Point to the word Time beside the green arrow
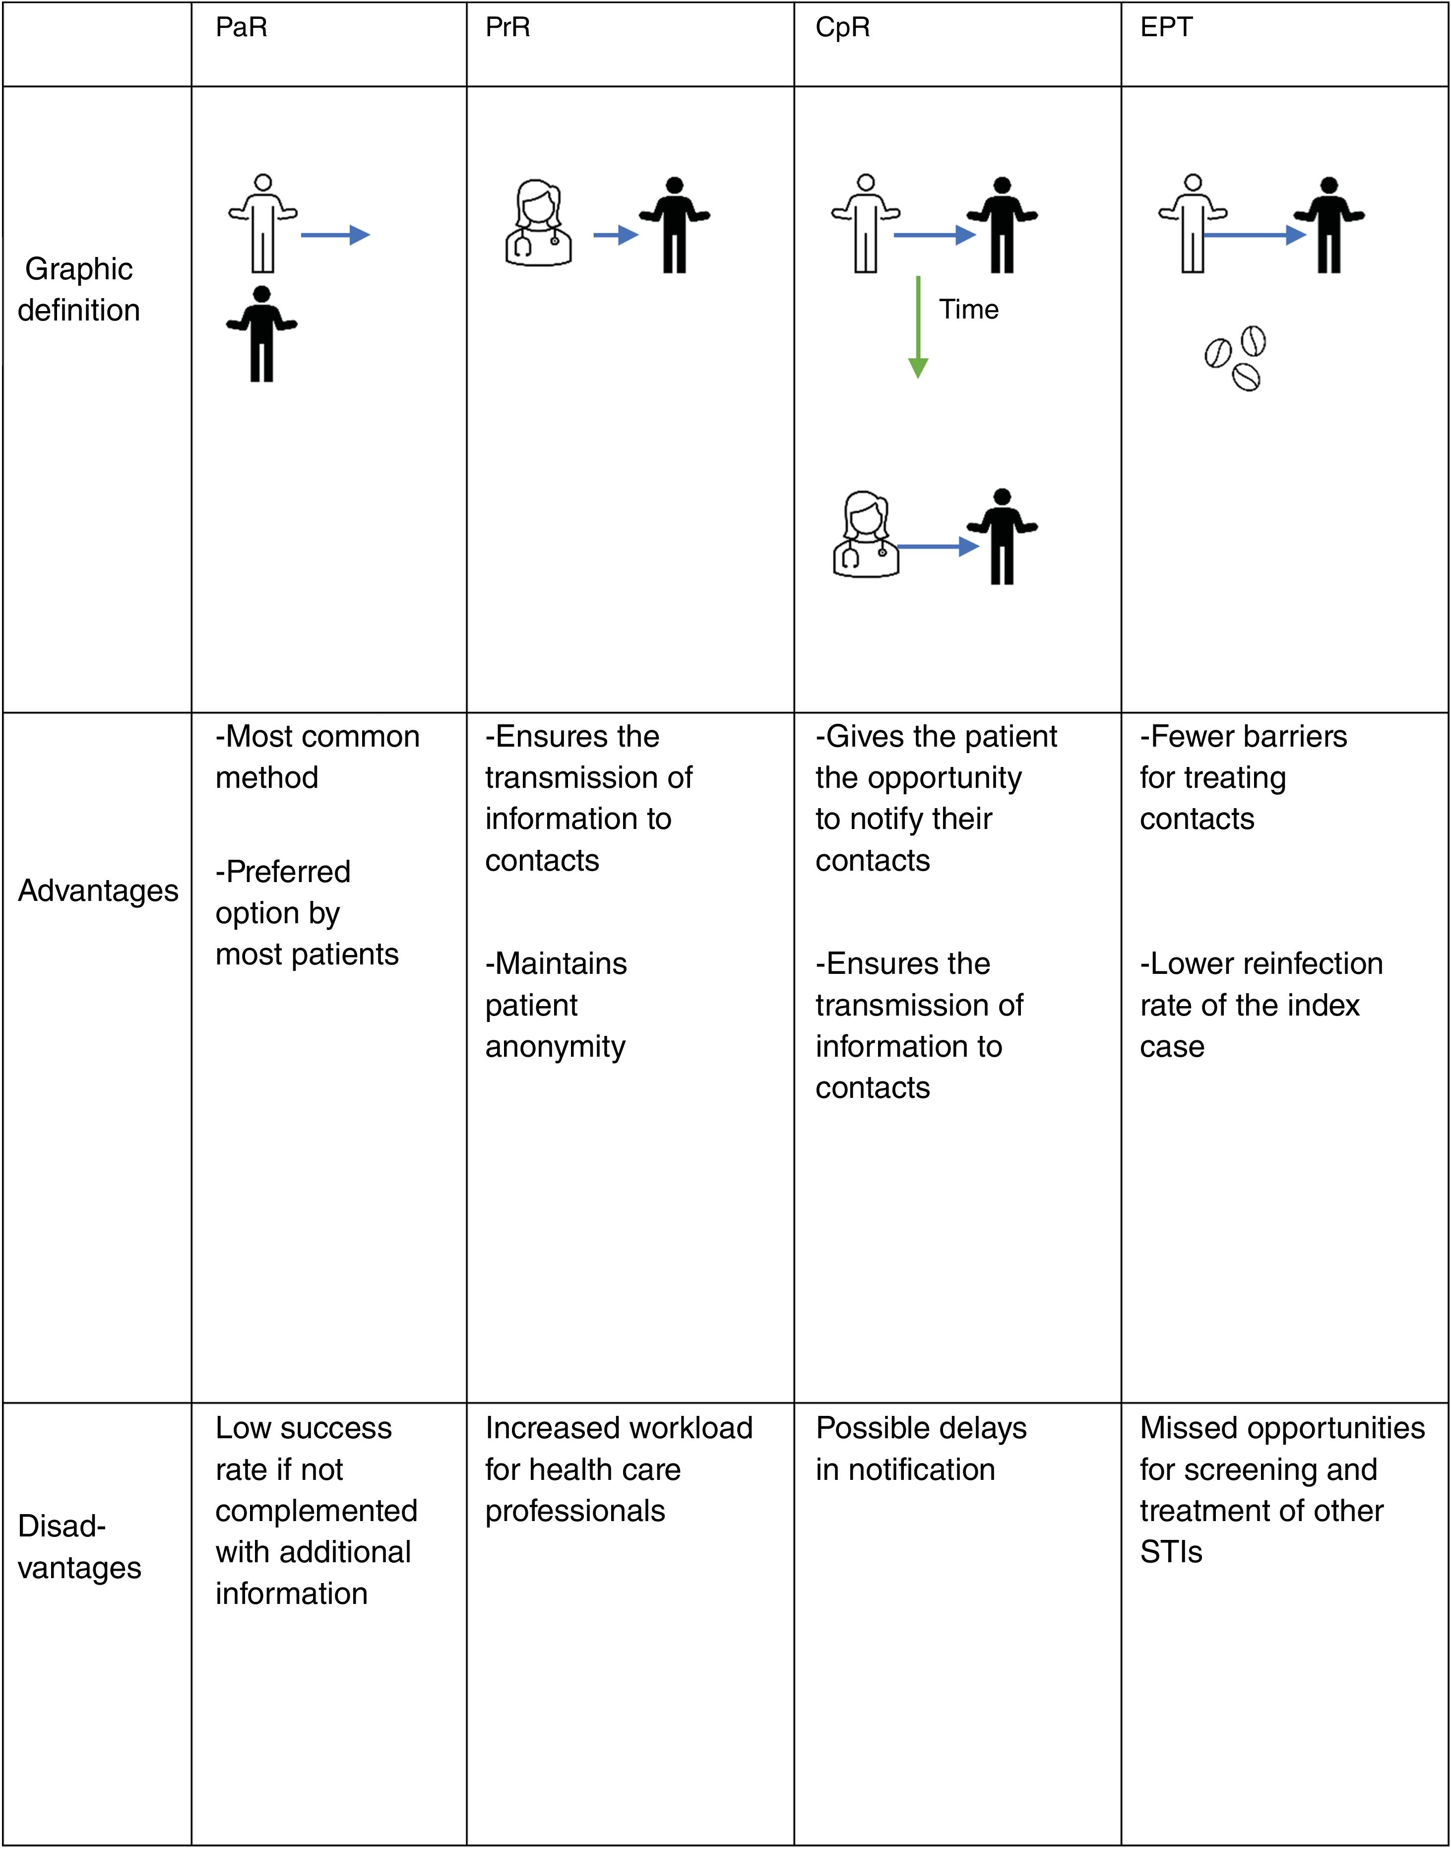point(968,309)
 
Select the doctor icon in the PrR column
point(538,223)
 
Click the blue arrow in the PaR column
point(335,235)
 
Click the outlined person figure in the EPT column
point(1193,223)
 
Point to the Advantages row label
point(98,891)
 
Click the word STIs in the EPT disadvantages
point(1171,1552)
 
